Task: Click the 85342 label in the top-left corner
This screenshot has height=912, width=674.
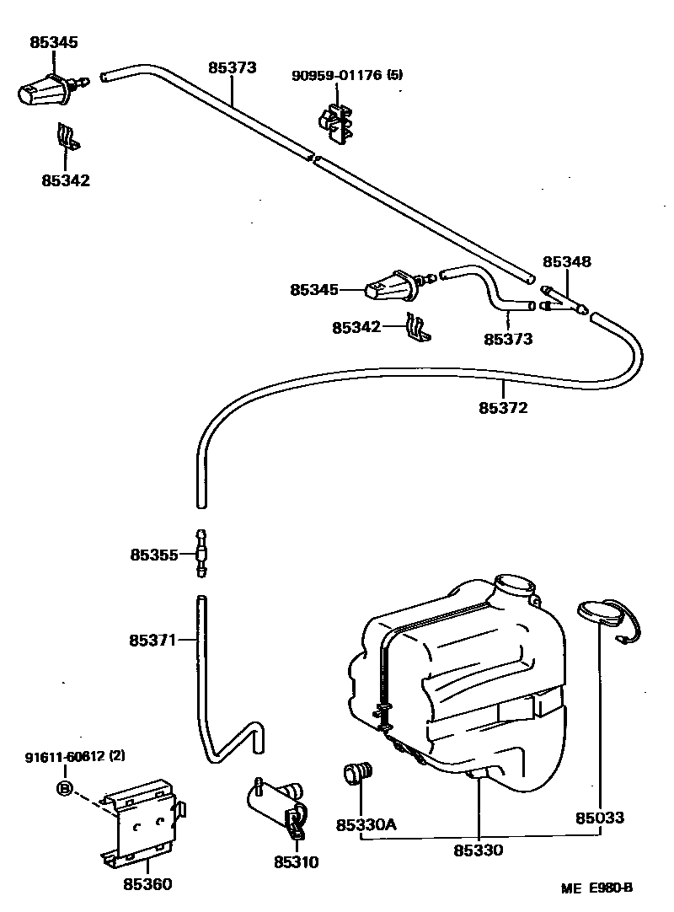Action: (x=65, y=180)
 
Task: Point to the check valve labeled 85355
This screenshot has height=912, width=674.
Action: (x=201, y=554)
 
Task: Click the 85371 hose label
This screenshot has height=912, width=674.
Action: (x=152, y=641)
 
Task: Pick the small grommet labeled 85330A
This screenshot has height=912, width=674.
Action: (x=358, y=773)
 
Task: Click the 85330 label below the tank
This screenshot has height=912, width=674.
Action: (x=478, y=850)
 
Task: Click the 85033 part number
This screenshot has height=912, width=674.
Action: (x=600, y=818)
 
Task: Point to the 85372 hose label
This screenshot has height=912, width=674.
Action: (x=503, y=408)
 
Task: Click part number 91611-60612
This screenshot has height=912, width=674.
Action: (x=64, y=756)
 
